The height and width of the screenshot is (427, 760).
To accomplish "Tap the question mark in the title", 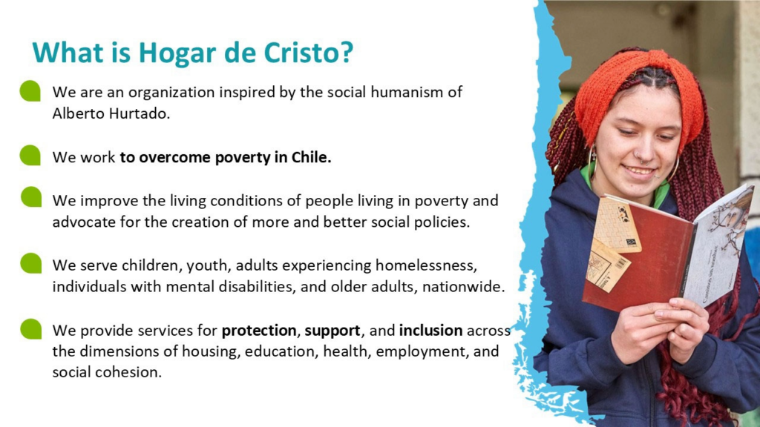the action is [x=347, y=51].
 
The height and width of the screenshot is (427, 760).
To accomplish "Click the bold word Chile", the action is [x=311, y=157].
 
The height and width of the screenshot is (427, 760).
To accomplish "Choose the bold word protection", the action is [x=259, y=331].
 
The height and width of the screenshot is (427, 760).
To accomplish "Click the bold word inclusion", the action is [x=430, y=330].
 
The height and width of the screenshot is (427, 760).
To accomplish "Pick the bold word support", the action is [x=332, y=331].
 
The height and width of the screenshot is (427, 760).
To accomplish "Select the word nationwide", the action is [x=463, y=287].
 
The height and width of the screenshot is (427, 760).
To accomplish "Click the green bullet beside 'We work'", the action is [x=30, y=156].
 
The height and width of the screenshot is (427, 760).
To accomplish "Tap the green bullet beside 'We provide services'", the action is [x=30, y=328].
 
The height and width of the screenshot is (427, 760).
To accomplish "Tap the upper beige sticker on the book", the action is [x=616, y=225].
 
